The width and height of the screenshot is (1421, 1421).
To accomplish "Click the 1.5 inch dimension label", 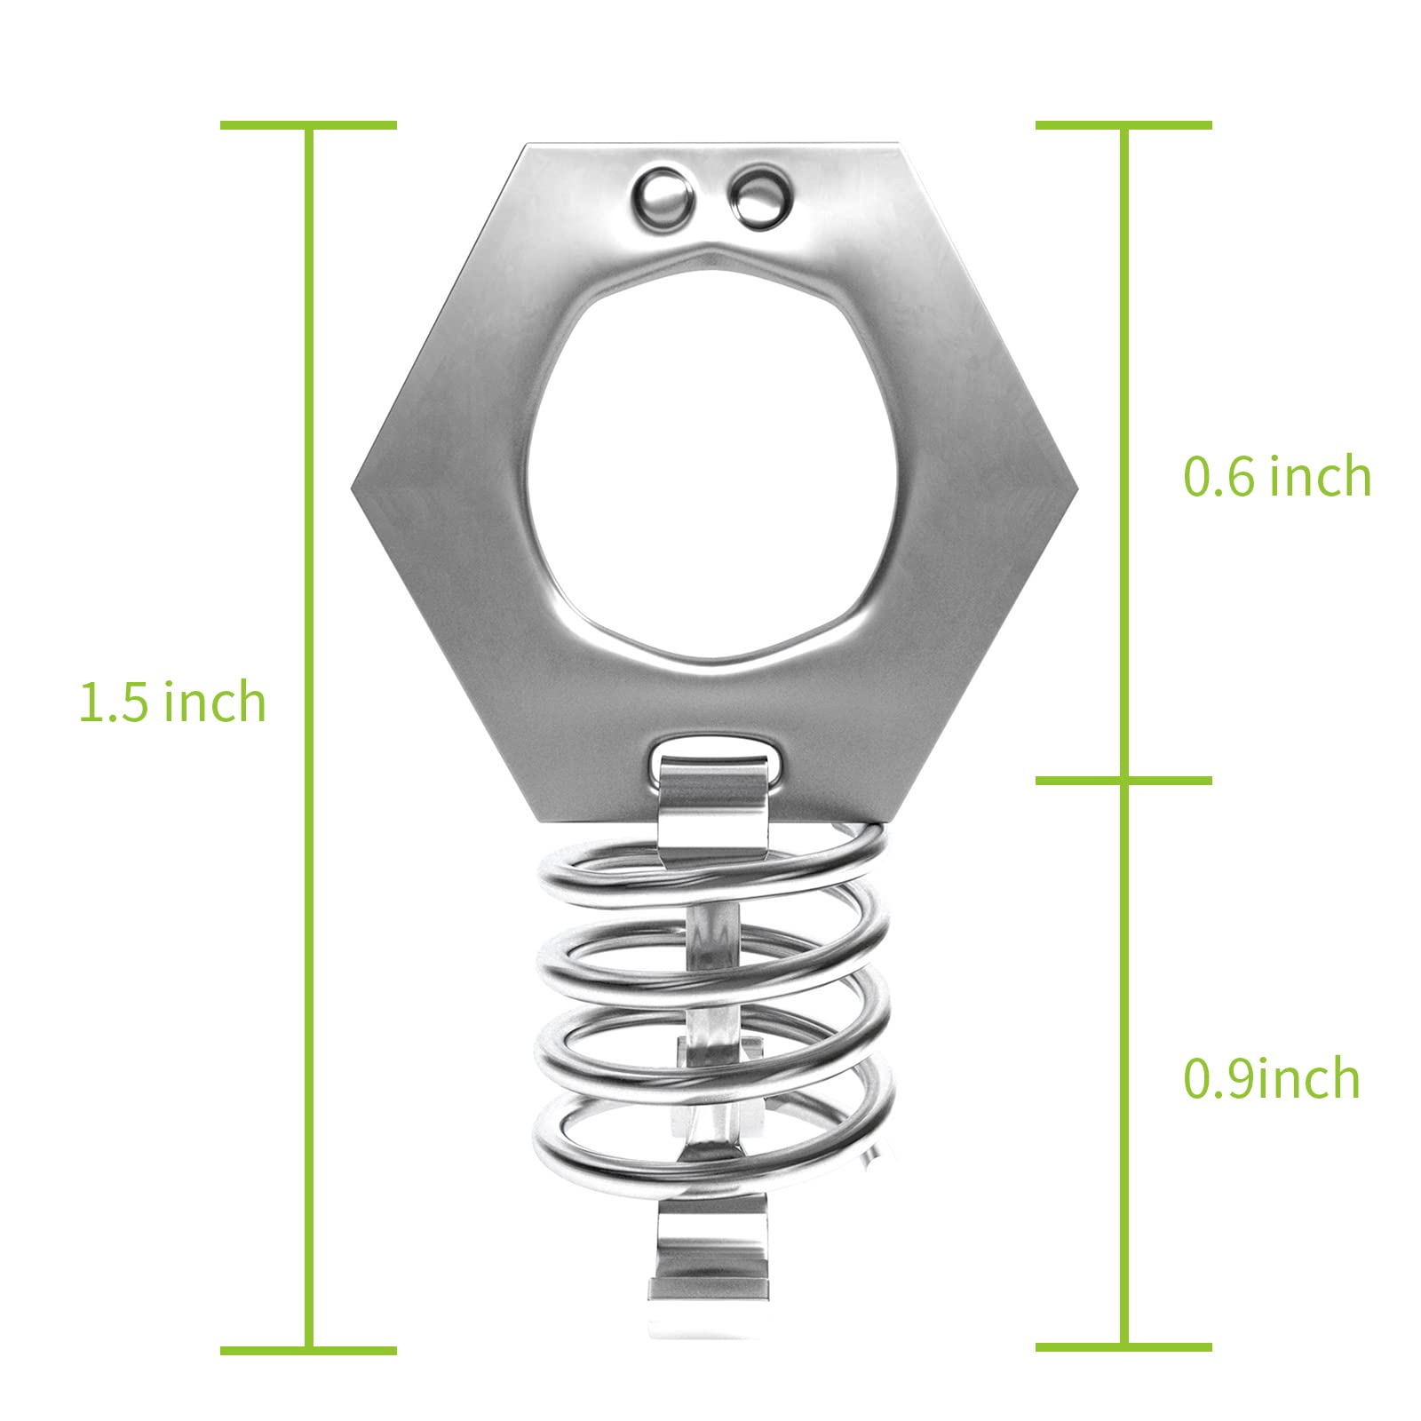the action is (x=173, y=702).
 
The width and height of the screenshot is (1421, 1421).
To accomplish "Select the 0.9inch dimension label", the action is (x=1272, y=1079).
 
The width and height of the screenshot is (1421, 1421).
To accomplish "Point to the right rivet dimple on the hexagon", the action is (x=758, y=197).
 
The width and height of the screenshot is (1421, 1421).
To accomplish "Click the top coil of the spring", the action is (x=710, y=875).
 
